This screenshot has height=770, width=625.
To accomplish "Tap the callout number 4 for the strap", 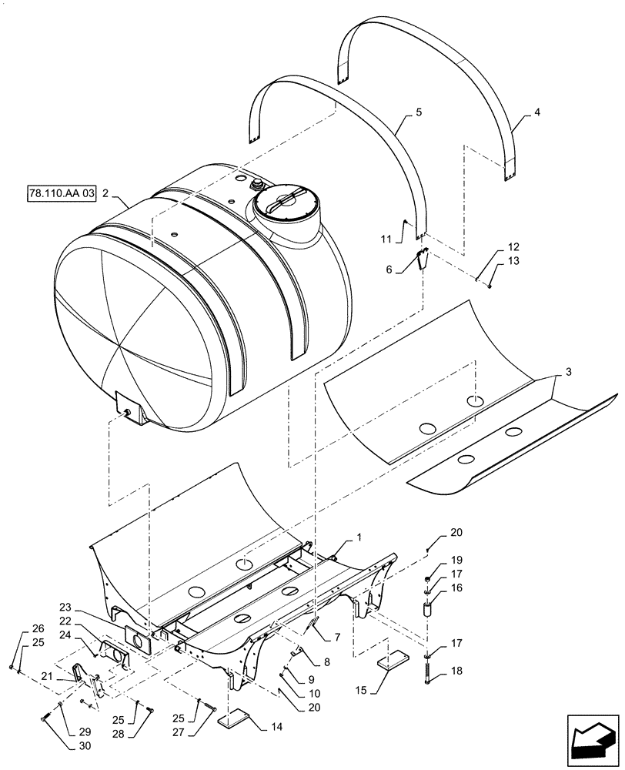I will click(536, 112).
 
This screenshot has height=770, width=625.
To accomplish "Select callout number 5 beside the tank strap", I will click(418, 112).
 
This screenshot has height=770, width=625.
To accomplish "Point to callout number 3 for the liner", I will click(567, 373).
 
